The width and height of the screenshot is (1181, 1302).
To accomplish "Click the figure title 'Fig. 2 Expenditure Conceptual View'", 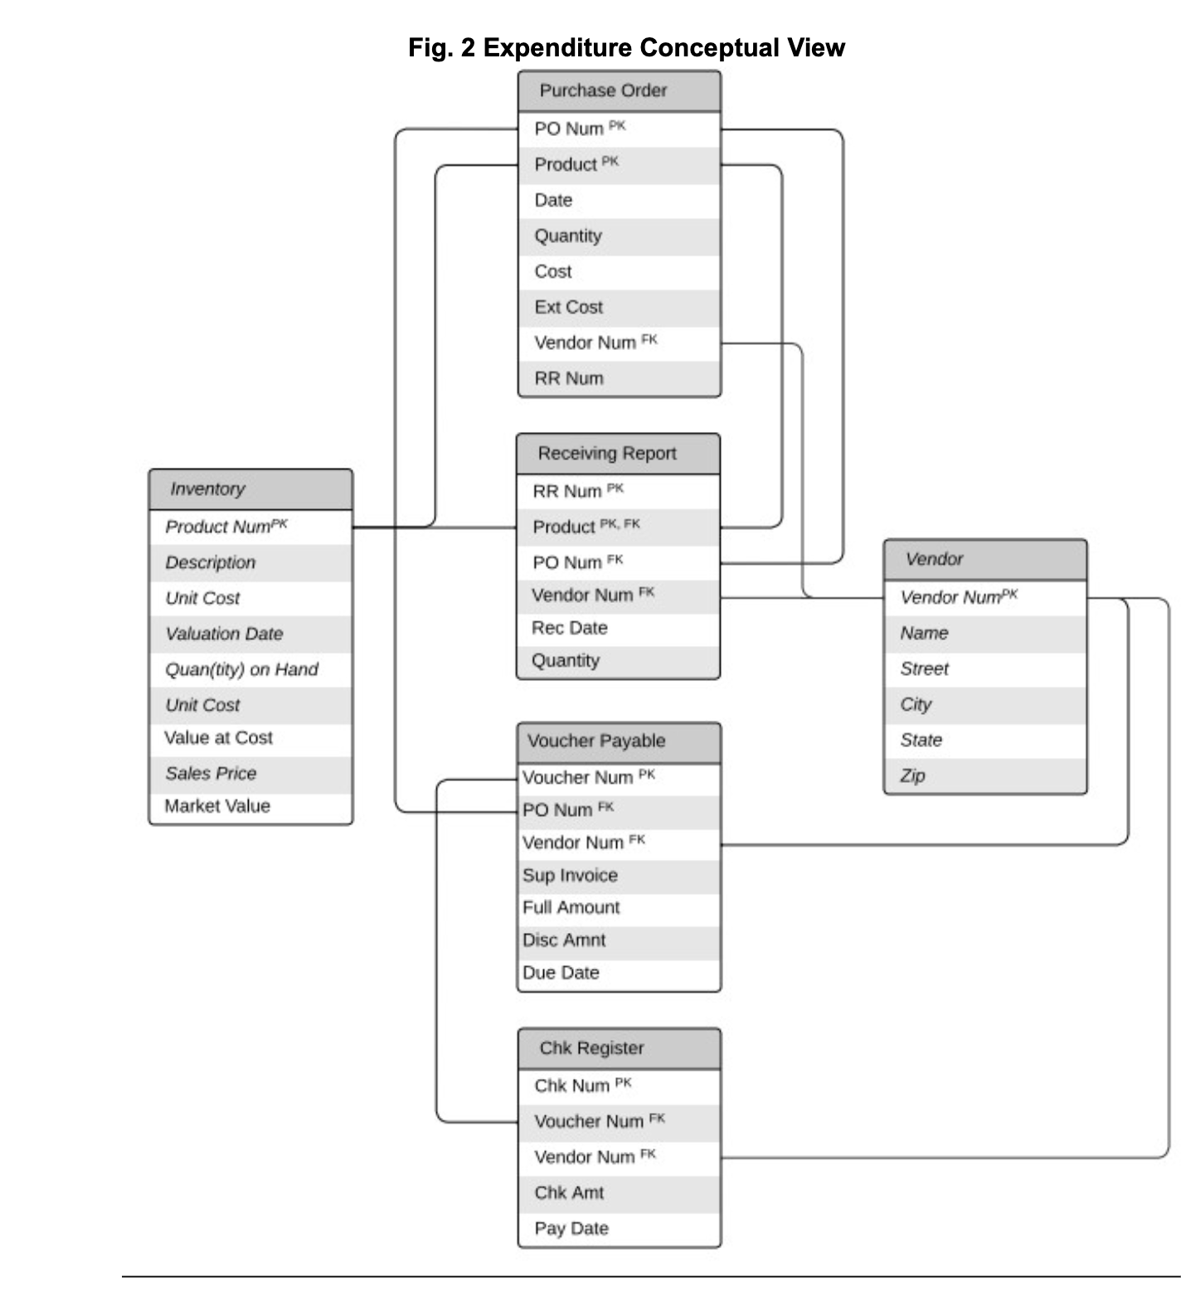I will point(626,48).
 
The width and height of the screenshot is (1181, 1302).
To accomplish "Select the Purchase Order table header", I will point(619,91).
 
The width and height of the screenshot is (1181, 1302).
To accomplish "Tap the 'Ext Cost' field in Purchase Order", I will point(569,308).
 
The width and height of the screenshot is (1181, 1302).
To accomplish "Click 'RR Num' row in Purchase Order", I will point(569,379).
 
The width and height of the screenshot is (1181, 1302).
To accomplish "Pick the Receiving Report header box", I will point(618,454).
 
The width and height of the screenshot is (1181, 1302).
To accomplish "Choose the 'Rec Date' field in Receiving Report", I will point(570,629).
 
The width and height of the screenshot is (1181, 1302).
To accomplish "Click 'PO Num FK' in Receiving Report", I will point(577,563).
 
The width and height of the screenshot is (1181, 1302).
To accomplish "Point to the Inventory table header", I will point(250,489).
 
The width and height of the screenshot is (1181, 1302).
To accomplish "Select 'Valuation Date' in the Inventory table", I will point(224,634).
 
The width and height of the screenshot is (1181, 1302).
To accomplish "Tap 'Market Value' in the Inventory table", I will point(217,807).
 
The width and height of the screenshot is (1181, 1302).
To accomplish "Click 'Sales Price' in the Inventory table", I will point(211,774).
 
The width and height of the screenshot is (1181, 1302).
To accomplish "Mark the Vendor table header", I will point(984,560).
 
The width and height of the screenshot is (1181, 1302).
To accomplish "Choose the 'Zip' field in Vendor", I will point(913,776).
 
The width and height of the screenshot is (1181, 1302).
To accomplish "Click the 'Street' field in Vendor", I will point(925,669).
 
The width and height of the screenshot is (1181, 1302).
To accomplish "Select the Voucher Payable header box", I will point(619,741).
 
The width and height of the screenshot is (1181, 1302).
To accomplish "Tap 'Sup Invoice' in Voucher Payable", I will point(570,876).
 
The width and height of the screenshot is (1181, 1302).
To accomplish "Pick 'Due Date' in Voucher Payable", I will point(561,974).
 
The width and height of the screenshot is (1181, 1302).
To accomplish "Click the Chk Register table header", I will point(619,1048).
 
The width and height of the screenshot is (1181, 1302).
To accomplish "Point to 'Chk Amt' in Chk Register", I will point(569,1193).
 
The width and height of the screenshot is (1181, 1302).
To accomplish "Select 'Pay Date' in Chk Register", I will point(571,1229).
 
